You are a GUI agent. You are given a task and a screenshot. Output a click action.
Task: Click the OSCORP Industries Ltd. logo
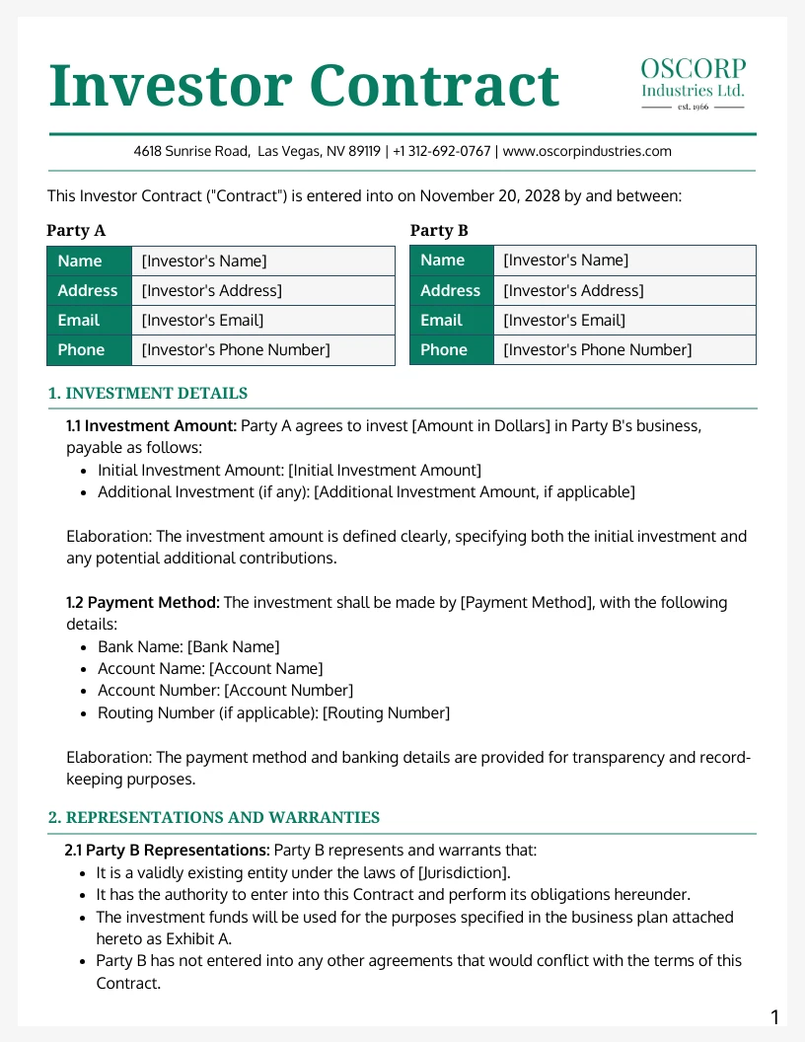point(693,83)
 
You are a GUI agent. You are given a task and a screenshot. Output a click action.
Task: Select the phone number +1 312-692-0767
point(441,151)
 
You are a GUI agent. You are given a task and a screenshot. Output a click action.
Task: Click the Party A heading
point(76,231)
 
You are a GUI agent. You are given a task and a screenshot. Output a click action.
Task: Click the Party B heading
point(439,231)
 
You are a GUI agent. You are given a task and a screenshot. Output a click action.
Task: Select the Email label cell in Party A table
point(89,321)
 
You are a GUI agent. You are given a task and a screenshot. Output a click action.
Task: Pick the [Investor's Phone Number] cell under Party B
point(597,350)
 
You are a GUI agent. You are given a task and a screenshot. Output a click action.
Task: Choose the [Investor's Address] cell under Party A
point(211,291)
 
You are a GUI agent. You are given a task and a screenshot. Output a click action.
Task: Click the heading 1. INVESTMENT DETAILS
point(148,394)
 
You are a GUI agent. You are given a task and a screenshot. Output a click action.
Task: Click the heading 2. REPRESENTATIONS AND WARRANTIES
point(214,818)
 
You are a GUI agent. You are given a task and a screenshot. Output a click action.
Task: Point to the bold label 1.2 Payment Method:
point(144,603)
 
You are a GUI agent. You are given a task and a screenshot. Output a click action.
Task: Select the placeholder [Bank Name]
point(233,647)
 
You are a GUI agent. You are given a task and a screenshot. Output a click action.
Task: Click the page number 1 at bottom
point(774,1018)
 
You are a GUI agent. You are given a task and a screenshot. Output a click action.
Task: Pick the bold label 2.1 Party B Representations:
point(167,850)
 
